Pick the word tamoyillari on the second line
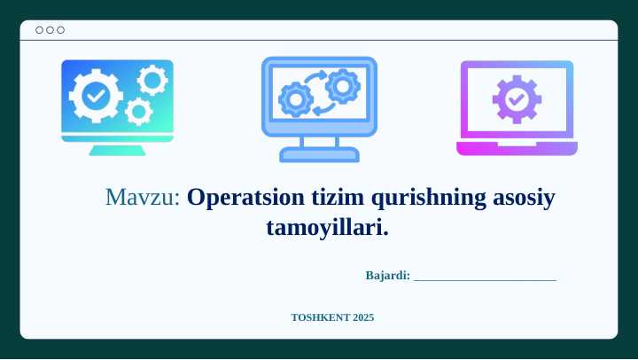click(325, 228)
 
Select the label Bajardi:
click(387, 276)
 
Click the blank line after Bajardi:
click(485, 277)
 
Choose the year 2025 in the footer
click(363, 317)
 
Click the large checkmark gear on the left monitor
click(95, 94)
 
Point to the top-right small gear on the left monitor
click(152, 81)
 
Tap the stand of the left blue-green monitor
click(117, 148)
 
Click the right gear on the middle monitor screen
click(341, 86)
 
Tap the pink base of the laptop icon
click(517, 149)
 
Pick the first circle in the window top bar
click(40, 30)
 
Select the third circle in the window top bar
click(60, 30)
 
